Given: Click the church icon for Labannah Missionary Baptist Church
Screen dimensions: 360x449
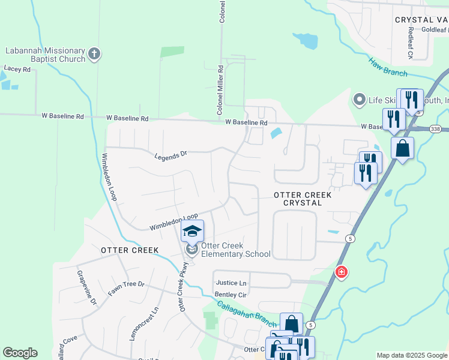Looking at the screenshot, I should click(94, 55).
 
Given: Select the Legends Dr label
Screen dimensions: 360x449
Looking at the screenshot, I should click(171, 155).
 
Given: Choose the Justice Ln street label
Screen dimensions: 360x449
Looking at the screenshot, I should click(231, 283).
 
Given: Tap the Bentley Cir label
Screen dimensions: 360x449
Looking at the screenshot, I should click(231, 295).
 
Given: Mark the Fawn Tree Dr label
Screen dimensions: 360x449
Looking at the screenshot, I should click(126, 288).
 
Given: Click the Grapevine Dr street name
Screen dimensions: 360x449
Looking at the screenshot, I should click(85, 288).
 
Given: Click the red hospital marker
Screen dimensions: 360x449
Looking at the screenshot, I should click(342, 273).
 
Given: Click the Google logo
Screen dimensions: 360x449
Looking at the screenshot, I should click(20, 353).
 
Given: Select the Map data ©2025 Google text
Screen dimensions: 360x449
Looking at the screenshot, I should click(411, 355).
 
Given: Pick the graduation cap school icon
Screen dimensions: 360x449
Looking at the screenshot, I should click(193, 232).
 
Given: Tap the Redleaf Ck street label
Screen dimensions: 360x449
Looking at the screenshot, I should click(411, 43).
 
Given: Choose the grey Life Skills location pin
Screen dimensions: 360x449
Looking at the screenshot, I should click(359, 99).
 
